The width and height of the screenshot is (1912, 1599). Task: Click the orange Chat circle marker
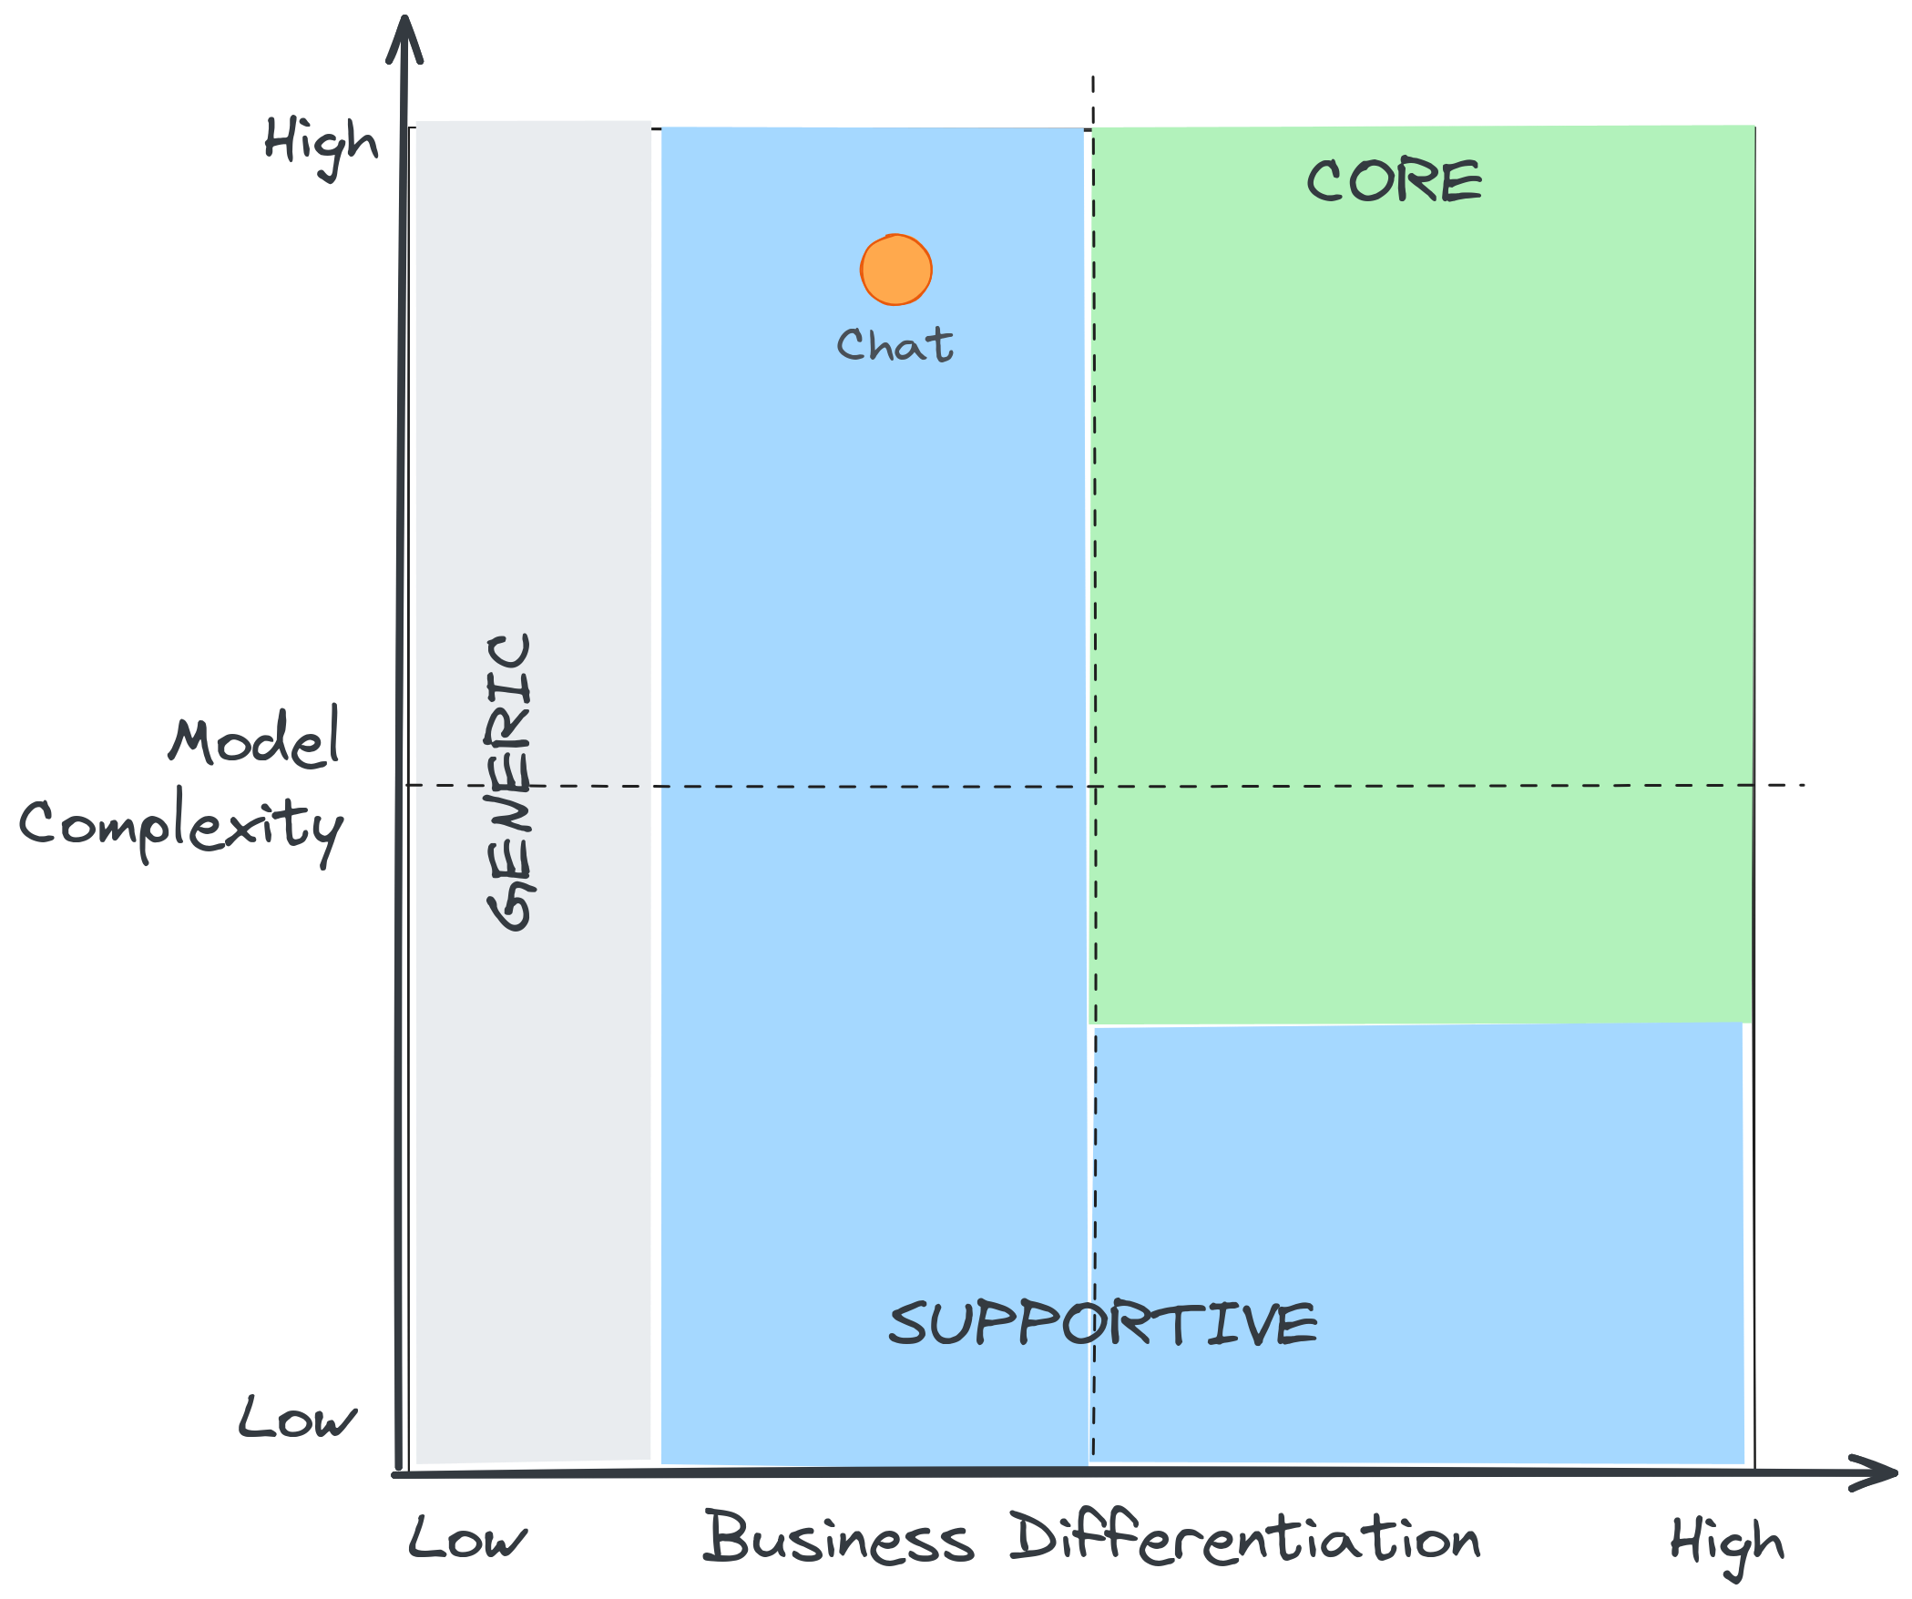896,270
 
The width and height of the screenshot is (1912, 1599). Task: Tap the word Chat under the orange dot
895,346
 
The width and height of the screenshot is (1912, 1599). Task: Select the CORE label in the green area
1394,180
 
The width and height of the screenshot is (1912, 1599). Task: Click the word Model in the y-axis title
255,740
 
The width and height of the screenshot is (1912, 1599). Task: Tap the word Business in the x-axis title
838,1539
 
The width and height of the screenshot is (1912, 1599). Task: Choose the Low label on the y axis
297,1419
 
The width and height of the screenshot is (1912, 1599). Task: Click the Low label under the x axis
466,1539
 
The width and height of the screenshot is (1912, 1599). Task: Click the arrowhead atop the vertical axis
404,41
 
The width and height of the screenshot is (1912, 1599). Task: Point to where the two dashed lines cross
1094,785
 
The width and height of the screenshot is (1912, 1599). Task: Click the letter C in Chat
852,346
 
